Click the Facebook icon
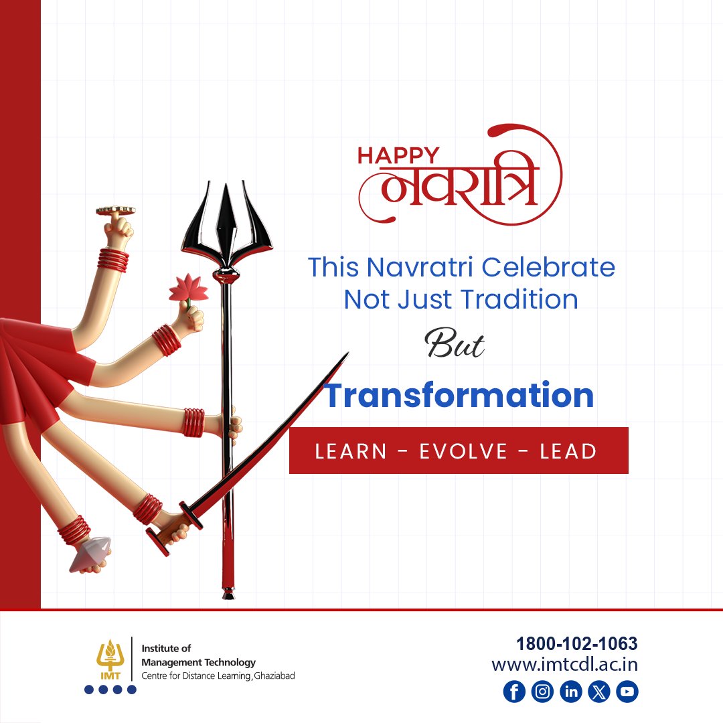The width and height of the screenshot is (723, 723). tap(514, 692)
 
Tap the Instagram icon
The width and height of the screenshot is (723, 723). tap(542, 692)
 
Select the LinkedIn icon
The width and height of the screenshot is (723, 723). tap(571, 692)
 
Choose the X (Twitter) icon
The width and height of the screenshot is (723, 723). tap(599, 692)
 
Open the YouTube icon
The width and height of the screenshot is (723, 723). tap(627, 692)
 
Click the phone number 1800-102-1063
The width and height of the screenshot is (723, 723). tap(576, 644)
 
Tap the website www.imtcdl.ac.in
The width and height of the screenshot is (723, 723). tap(564, 665)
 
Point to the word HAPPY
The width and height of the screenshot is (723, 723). tap(398, 155)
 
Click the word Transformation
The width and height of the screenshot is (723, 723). tap(459, 395)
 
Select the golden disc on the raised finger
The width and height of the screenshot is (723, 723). tap(115, 210)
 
